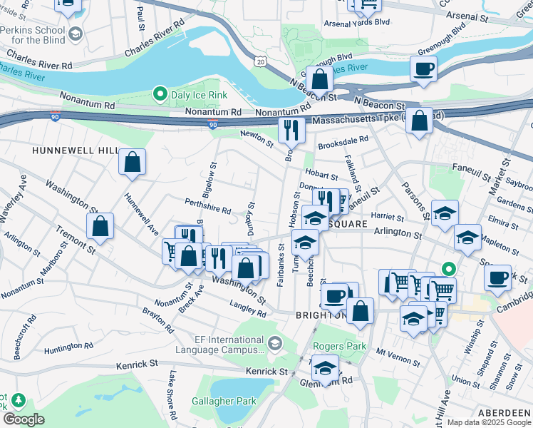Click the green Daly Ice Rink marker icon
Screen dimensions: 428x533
pos(160,94)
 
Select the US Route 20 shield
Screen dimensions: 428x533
pos(262,63)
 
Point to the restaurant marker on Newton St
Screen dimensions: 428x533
pos(291,130)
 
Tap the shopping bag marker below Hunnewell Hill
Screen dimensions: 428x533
pos(133,162)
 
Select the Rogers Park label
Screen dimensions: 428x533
pos(339,347)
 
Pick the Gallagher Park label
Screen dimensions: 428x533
pos(223,401)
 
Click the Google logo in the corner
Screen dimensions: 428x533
pos(24,419)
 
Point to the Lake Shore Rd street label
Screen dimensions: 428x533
pos(172,394)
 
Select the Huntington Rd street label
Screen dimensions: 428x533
pos(68,346)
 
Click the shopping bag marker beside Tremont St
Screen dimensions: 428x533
pos(100,227)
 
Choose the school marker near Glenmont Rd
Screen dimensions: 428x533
pos(325,369)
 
